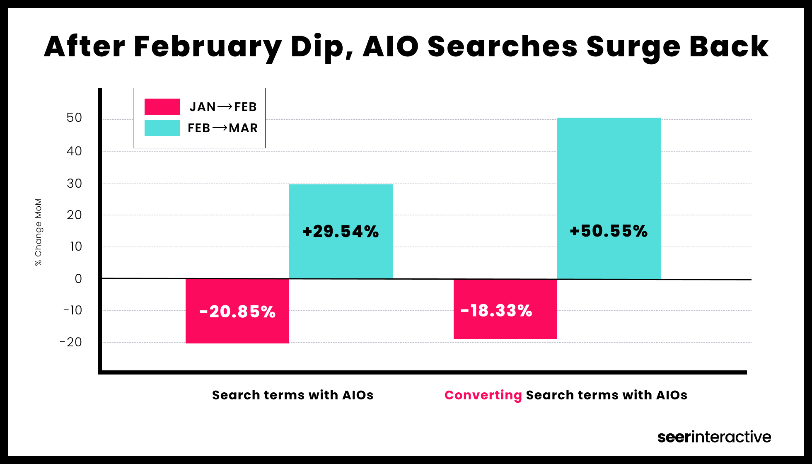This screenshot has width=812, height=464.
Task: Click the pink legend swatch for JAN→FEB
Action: coord(162,106)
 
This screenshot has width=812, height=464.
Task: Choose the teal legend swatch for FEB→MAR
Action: coord(162,128)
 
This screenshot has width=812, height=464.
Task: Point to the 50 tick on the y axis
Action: coord(74,118)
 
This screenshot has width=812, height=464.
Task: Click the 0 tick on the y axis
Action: coord(78,278)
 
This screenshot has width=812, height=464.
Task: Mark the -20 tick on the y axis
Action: coord(71,342)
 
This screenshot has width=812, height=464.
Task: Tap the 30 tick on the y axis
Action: coord(74,183)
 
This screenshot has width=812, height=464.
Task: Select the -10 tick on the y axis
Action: coord(72,310)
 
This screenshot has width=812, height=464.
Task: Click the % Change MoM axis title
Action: coord(38,232)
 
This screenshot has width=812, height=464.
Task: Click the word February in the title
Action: coord(207,47)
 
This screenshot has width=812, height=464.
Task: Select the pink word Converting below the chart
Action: coord(483,395)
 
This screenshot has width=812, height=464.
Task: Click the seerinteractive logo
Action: coord(714,437)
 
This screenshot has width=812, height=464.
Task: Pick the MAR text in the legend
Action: coord(243,128)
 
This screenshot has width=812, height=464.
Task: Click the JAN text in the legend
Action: coord(203,107)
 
